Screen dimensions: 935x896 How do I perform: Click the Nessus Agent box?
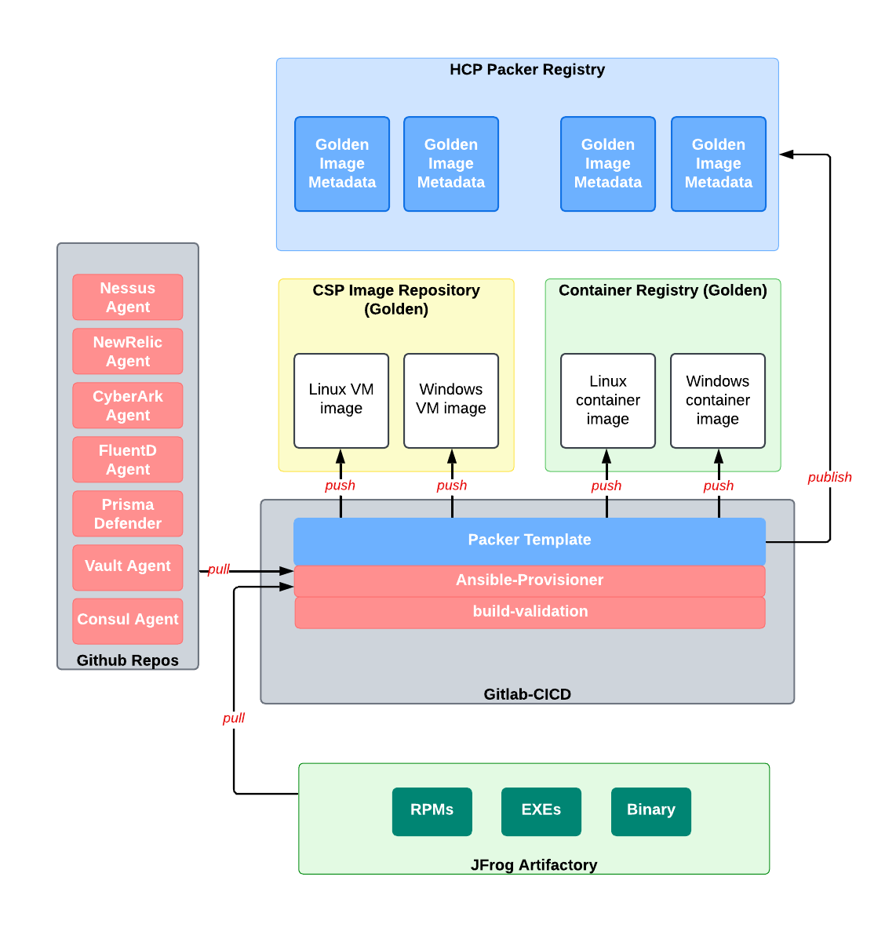(x=128, y=297)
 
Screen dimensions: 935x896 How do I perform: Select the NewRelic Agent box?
(x=128, y=351)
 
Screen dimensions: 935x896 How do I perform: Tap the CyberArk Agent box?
(x=128, y=406)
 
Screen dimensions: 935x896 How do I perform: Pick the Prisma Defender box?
(x=128, y=514)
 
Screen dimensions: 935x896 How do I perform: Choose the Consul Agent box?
(x=128, y=620)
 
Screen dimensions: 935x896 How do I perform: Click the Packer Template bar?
(x=530, y=540)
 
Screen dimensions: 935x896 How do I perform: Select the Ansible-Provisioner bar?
(x=530, y=580)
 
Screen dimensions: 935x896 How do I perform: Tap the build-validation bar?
(x=530, y=612)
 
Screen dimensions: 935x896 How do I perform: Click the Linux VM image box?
(x=341, y=400)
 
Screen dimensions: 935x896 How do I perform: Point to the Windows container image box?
(x=718, y=400)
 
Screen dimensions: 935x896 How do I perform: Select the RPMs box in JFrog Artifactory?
(x=432, y=811)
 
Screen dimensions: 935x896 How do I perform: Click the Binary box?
(x=651, y=811)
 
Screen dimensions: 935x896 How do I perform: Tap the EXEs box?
(x=541, y=811)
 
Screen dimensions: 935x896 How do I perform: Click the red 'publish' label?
(x=829, y=477)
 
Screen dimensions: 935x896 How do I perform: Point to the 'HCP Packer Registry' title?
(x=527, y=70)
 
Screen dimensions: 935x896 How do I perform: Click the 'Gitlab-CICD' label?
(x=527, y=694)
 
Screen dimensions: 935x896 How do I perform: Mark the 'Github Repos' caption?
(x=128, y=660)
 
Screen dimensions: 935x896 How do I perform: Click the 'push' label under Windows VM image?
(x=452, y=486)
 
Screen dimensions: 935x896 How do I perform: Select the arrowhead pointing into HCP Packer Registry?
(x=786, y=155)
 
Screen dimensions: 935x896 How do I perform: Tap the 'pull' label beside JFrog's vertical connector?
(x=233, y=718)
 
